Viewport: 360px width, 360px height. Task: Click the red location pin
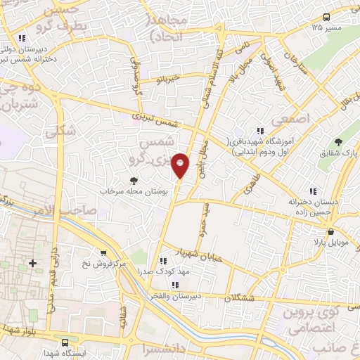(x=181, y=165)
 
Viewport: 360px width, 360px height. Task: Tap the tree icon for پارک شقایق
(x=339, y=142)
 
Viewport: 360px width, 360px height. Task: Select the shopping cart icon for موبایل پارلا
(x=330, y=231)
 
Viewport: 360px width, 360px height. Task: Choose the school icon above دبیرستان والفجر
(x=175, y=284)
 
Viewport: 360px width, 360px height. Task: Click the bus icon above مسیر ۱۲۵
(x=326, y=16)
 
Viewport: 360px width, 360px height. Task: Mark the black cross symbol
(x=32, y=263)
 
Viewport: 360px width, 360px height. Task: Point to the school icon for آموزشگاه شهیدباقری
(x=259, y=130)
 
